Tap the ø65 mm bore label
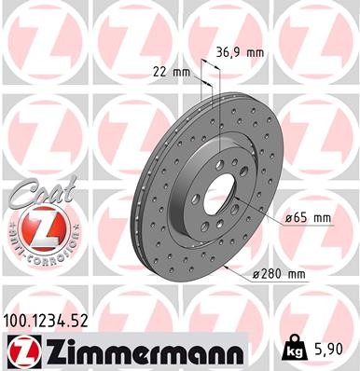pos(307,217)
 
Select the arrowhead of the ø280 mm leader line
pos(226,264)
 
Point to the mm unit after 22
pos(182,72)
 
